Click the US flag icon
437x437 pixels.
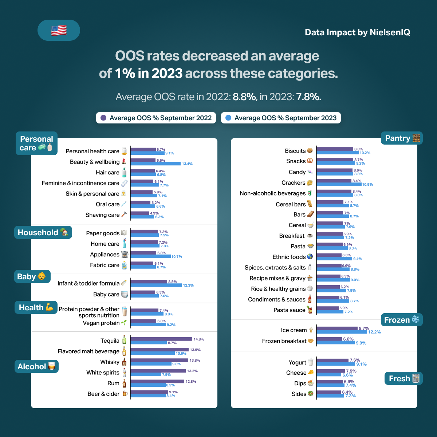(59, 30)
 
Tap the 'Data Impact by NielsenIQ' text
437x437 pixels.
(357, 32)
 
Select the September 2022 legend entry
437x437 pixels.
(156, 118)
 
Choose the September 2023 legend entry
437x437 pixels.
(281, 118)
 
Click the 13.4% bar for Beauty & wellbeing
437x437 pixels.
(155, 164)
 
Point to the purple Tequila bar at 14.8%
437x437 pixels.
(161, 339)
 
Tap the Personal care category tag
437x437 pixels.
(36, 143)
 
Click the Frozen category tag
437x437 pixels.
(402, 320)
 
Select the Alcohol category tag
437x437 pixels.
(36, 366)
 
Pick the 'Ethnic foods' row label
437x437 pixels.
(289, 257)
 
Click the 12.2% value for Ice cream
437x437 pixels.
(374, 332)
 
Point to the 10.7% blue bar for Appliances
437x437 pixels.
(150, 256)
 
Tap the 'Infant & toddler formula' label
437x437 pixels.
(88, 283)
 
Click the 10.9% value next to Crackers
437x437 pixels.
(367, 185)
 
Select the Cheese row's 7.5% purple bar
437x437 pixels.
(331, 371)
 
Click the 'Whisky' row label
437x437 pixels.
(110, 362)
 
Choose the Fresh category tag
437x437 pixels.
(403, 378)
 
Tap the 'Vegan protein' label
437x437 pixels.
(101, 323)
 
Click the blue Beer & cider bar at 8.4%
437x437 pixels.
(148, 395)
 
